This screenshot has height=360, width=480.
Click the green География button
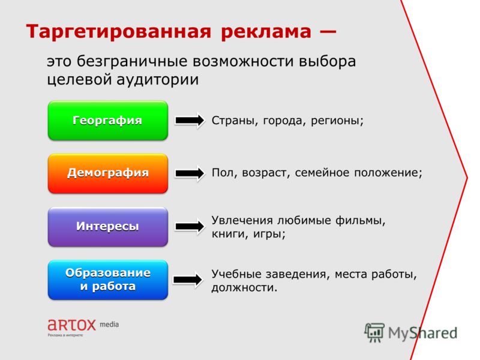point(108,121)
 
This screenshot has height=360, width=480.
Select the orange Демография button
point(108,173)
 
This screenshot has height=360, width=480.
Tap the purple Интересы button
point(108,227)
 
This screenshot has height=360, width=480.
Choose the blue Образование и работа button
point(108,280)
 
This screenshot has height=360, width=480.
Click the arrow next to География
point(190,121)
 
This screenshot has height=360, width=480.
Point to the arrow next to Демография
point(190,173)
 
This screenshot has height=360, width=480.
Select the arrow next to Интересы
point(190,227)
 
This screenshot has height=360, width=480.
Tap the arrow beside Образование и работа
point(188,280)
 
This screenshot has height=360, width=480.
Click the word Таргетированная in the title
point(119,32)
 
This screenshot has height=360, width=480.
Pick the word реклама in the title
point(266,32)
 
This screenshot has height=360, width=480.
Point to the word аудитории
point(158,80)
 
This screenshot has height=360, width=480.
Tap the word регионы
point(337,121)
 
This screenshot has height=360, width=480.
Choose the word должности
point(244,288)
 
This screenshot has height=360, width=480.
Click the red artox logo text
point(72,325)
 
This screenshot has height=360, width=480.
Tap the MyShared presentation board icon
point(374,332)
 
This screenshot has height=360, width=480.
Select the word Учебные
point(236,274)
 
